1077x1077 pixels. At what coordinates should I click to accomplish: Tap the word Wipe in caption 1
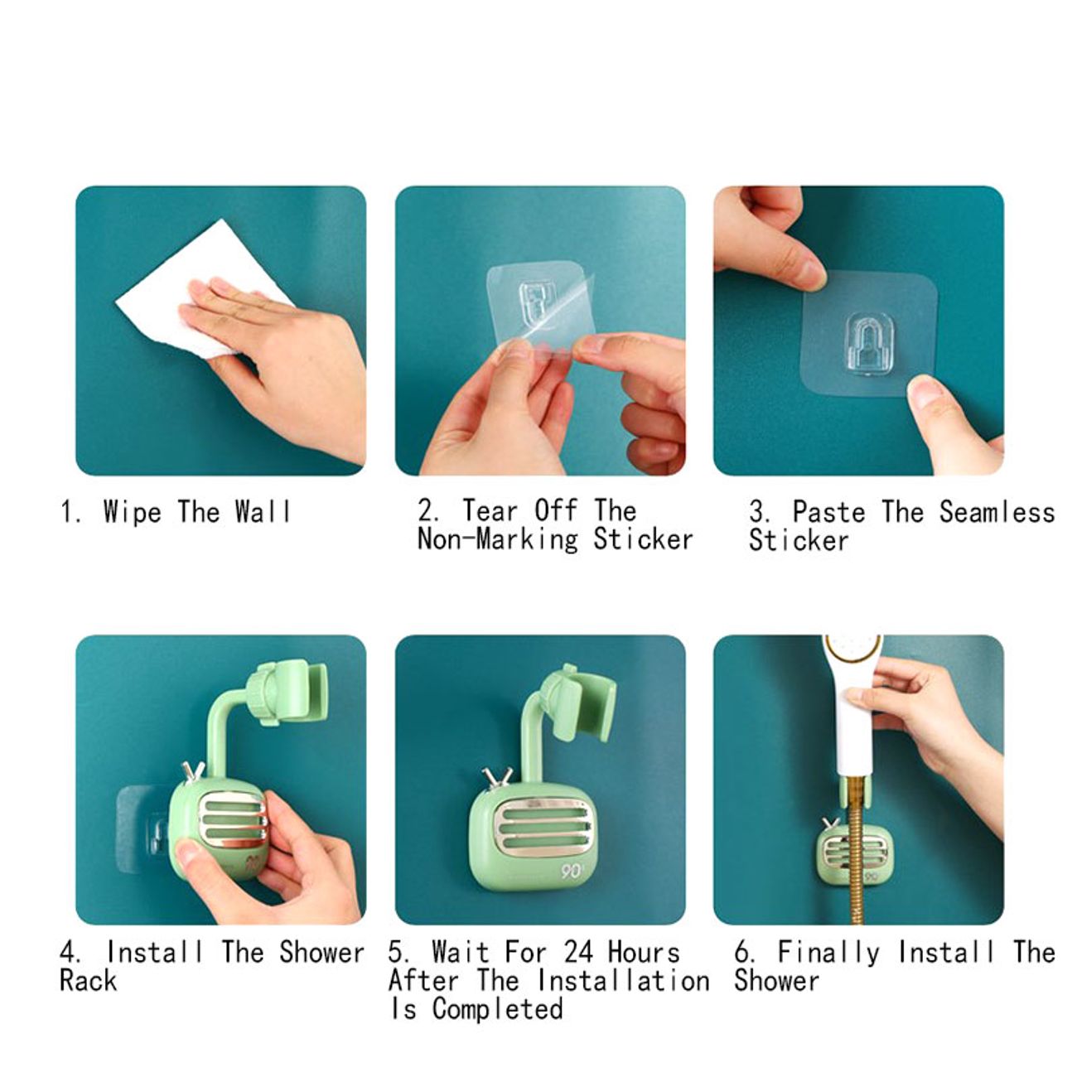coord(133,511)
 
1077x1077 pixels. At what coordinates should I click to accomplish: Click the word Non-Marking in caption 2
coord(497,540)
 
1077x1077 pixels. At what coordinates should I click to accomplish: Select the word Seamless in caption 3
coord(997,513)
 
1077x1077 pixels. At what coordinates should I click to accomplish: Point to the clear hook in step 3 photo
coord(871,344)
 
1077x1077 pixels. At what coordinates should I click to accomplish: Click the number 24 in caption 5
coord(580,952)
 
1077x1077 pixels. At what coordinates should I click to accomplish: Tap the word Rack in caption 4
coord(89,980)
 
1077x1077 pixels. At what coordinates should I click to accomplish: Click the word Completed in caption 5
coord(497,1009)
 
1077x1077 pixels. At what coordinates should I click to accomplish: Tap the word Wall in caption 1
coord(263,511)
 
